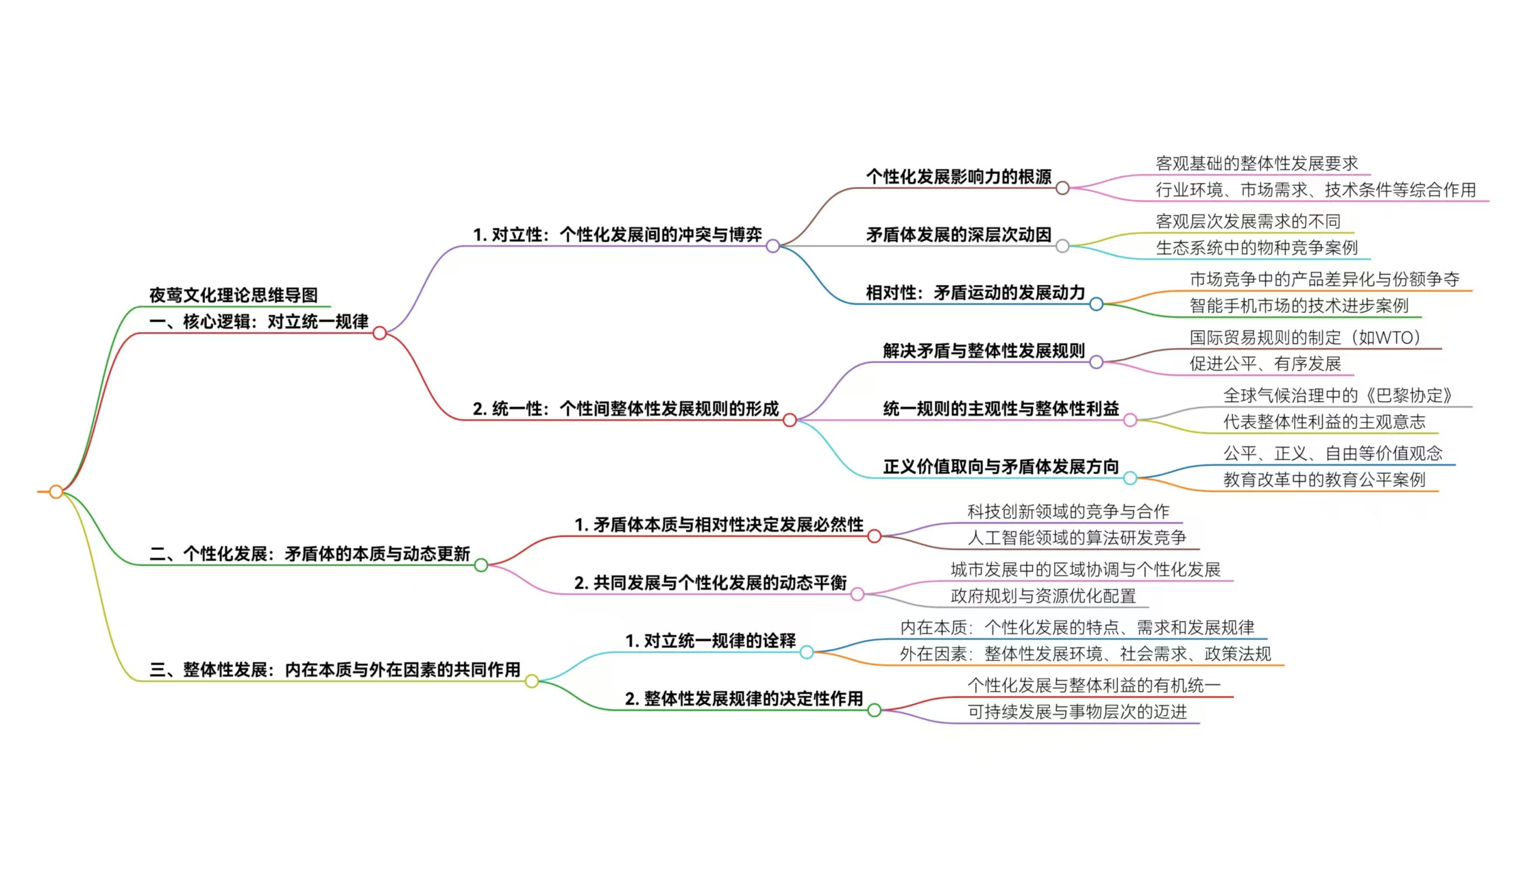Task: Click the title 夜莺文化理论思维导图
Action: click(233, 295)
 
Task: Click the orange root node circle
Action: click(56, 491)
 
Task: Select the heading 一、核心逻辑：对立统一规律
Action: click(258, 321)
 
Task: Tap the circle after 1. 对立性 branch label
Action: click(772, 246)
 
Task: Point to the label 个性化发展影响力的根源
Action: click(958, 177)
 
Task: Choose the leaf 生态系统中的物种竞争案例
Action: click(1256, 247)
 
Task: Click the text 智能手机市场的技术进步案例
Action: click(1299, 305)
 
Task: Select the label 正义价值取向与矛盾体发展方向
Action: click(1001, 466)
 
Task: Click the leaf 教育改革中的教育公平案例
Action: click(1324, 479)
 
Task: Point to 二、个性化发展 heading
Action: click(309, 553)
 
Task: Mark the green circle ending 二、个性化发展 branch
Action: click(481, 565)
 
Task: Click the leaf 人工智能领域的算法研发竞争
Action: click(1077, 538)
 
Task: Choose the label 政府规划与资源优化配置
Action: click(1043, 596)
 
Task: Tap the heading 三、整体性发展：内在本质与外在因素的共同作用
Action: click(334, 669)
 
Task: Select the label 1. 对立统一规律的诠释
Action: click(710, 640)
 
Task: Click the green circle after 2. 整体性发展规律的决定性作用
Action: click(874, 710)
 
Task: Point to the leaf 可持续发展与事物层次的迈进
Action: click(1077, 712)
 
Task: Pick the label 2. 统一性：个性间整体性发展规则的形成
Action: click(625, 409)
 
